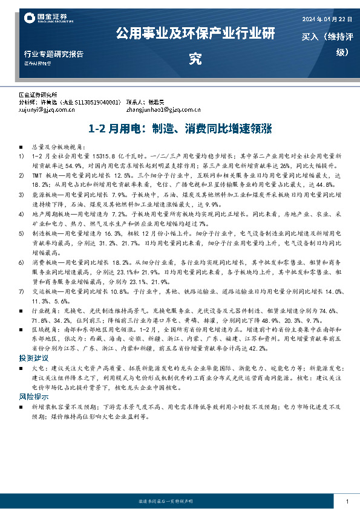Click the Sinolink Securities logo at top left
45,19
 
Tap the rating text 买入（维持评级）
327,44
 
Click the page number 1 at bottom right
347,502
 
